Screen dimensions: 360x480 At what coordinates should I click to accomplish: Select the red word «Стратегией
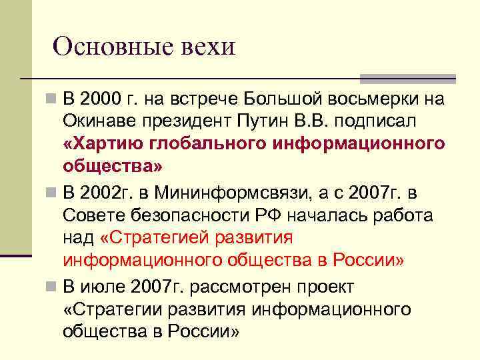[157, 238]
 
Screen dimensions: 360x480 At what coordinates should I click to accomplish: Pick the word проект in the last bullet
[325, 288]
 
